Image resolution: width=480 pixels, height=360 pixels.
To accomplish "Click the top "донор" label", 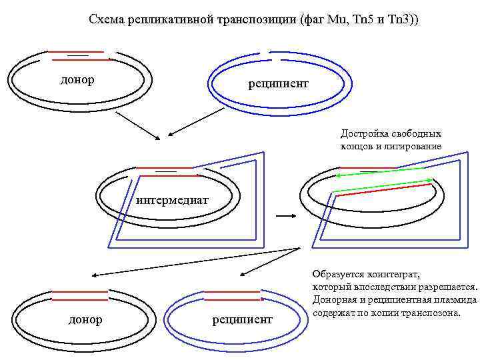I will (x=77, y=80).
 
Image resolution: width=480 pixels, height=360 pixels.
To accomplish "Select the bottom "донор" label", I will (x=85, y=320).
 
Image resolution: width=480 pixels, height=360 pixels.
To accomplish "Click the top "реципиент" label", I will (x=278, y=83).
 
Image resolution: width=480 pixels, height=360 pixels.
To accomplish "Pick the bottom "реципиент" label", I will (x=243, y=320).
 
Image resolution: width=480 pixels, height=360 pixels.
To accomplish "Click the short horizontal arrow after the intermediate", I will (x=285, y=216).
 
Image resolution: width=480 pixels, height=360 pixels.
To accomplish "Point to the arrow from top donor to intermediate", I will (x=137, y=125).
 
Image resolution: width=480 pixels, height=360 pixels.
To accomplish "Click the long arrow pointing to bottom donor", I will (x=193, y=261).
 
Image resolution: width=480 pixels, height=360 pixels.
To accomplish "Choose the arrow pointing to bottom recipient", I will (x=269, y=261).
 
